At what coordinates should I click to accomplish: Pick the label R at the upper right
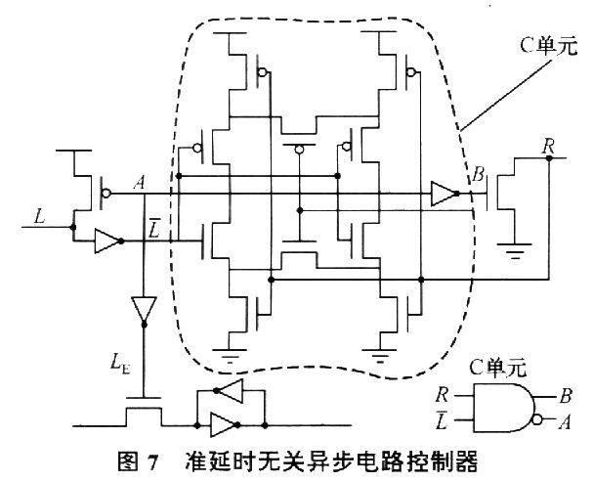(549, 148)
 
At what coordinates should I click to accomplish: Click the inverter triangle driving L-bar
(106, 241)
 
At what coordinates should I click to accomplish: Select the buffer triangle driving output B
(444, 195)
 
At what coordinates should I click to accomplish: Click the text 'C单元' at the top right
(550, 47)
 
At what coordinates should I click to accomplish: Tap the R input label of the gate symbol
(445, 396)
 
